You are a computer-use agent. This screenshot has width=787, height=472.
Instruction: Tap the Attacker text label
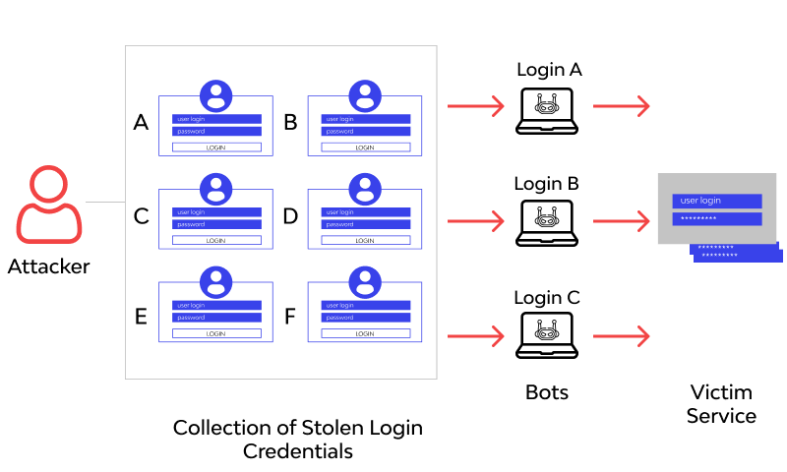click(x=48, y=265)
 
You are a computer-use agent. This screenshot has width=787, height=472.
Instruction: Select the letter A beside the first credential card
click(x=141, y=123)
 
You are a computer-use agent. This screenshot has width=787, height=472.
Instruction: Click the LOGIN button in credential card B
click(x=365, y=147)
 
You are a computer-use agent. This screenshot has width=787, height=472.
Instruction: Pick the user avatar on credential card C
click(x=216, y=189)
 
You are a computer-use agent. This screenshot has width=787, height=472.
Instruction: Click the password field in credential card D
click(x=365, y=224)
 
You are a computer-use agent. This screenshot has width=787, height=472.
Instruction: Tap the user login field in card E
click(x=216, y=306)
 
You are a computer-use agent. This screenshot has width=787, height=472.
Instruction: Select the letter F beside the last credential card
click(x=290, y=317)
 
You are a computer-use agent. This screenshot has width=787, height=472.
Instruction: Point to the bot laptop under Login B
click(x=546, y=223)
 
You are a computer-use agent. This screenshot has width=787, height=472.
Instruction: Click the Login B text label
click(x=546, y=183)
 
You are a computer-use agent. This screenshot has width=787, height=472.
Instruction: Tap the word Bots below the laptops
click(x=546, y=393)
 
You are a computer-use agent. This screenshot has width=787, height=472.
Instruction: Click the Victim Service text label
click(x=721, y=403)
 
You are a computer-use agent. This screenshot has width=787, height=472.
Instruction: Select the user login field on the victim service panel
click(x=716, y=201)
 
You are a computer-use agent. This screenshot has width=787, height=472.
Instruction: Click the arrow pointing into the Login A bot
click(x=475, y=105)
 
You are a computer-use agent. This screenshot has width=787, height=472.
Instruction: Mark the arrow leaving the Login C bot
click(x=621, y=336)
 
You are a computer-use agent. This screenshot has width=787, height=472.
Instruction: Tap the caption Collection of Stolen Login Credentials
click(x=298, y=440)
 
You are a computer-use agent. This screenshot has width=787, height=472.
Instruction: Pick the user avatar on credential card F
click(x=365, y=282)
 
